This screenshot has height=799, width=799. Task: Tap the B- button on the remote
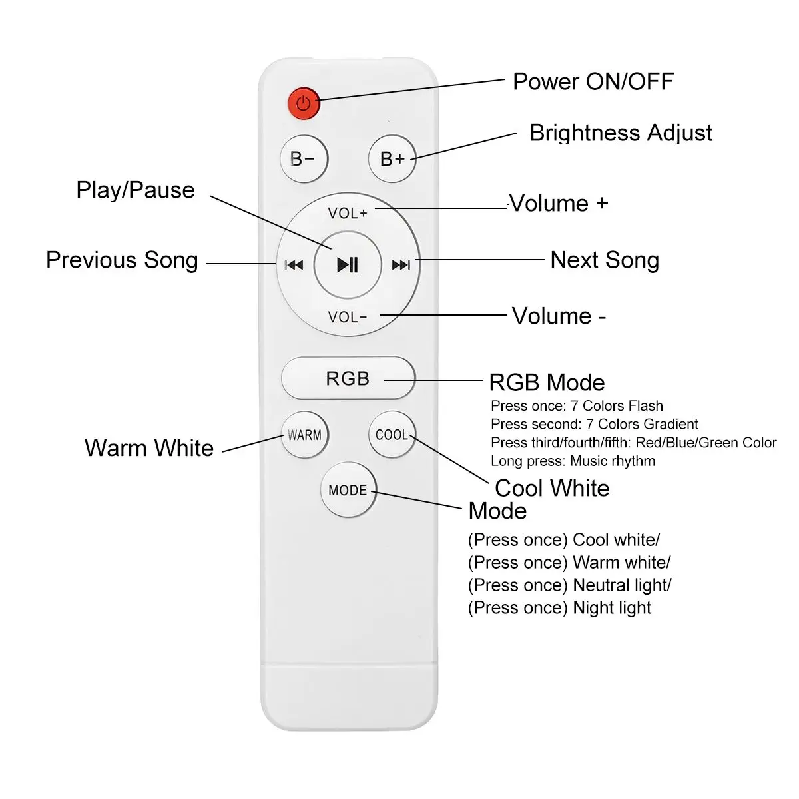click(x=304, y=159)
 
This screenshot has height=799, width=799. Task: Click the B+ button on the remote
click(x=392, y=159)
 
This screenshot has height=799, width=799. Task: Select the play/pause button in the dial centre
click(x=347, y=264)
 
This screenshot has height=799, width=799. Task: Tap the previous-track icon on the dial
click(x=294, y=265)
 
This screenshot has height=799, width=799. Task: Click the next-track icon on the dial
click(x=401, y=265)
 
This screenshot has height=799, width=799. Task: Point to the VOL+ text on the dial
click(x=347, y=213)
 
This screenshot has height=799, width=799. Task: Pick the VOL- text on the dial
click(x=347, y=317)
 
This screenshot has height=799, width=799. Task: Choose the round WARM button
click(x=304, y=435)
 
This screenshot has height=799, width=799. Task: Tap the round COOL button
click(x=392, y=435)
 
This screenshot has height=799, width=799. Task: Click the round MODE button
click(x=348, y=491)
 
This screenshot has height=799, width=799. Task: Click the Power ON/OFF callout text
click(x=593, y=82)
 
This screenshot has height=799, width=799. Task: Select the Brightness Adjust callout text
click(x=621, y=133)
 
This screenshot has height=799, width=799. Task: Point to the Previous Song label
click(x=122, y=260)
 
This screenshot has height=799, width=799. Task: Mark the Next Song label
click(x=605, y=260)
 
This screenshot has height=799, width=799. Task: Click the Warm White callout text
click(x=149, y=448)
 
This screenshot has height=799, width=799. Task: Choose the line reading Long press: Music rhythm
click(x=573, y=461)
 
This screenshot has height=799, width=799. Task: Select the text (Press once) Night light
click(x=559, y=608)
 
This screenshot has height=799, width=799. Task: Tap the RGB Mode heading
click(x=547, y=383)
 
